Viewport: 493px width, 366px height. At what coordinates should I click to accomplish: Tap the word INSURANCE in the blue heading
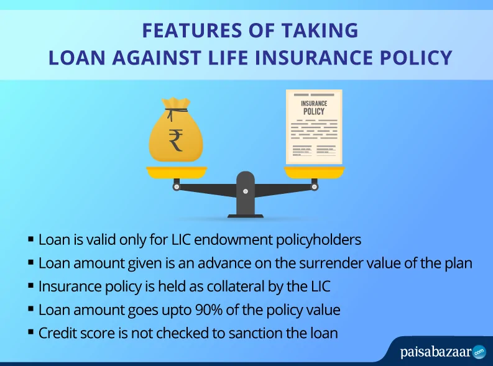point(313,58)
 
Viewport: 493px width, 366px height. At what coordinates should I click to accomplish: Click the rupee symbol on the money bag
point(176,140)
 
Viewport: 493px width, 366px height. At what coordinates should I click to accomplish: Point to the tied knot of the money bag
point(176,111)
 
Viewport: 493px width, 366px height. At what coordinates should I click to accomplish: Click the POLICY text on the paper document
point(314,111)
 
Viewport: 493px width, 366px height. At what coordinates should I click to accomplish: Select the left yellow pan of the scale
point(177,173)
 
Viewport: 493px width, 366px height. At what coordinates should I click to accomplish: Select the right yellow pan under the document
point(314,172)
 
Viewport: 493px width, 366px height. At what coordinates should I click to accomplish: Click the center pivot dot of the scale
point(246,191)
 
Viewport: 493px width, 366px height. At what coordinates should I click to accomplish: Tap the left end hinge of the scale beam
point(177,187)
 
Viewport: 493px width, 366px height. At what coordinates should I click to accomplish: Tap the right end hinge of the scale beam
point(314,187)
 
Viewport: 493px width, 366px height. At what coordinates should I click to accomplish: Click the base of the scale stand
point(245,216)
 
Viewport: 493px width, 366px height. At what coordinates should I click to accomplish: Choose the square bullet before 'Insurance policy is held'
point(31,286)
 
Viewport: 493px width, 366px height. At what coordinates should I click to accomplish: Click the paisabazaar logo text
point(436,352)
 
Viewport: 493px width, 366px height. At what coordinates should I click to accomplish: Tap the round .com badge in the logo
point(479,352)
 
